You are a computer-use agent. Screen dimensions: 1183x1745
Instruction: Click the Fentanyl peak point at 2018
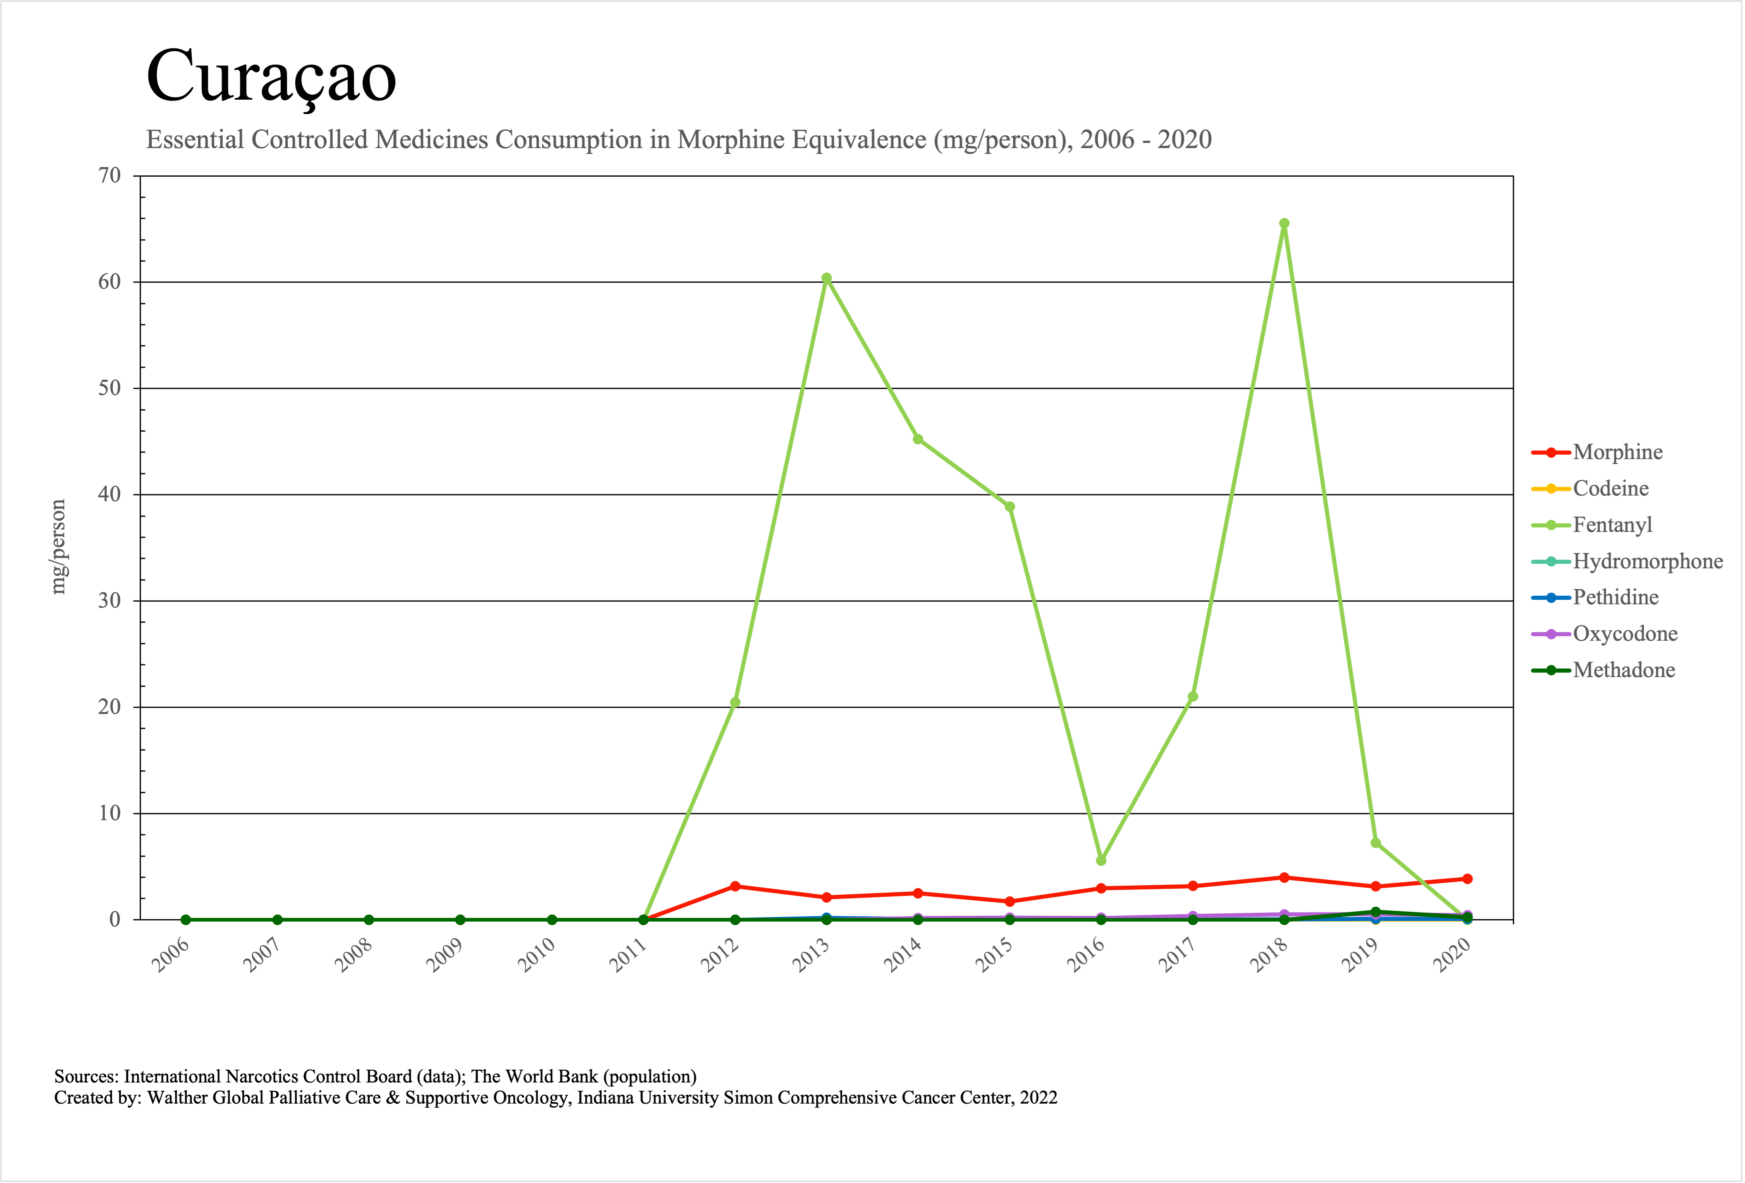pyautogui.click(x=1284, y=223)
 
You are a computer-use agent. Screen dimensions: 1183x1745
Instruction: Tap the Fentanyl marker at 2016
pyautogui.click(x=1101, y=860)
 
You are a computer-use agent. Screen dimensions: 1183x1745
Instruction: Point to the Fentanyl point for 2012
pyautogui.click(x=735, y=702)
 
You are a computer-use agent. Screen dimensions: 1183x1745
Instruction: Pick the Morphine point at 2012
pyautogui.click(x=735, y=886)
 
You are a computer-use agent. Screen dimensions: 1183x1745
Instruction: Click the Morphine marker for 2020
pyautogui.click(x=1467, y=879)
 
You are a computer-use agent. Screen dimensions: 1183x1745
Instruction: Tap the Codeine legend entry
pyautogui.click(x=1611, y=488)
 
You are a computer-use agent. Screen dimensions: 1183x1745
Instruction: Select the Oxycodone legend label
pyautogui.click(x=1625, y=634)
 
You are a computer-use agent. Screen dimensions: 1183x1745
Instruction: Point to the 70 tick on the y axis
pyautogui.click(x=110, y=176)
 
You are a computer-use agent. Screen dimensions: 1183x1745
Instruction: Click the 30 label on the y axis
pyautogui.click(x=110, y=601)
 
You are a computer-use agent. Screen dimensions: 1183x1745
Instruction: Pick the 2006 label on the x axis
pyautogui.click(x=170, y=955)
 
